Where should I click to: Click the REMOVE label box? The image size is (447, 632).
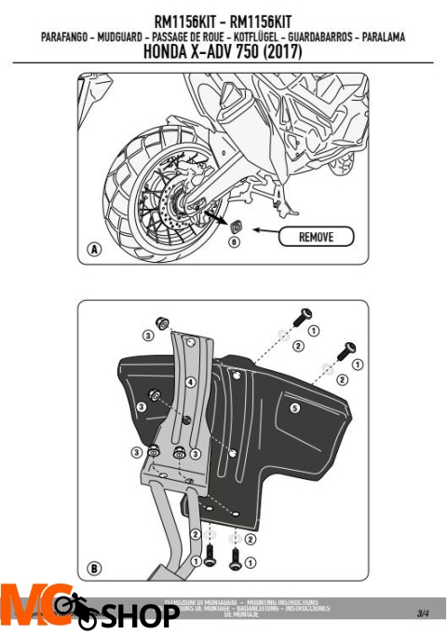click(317, 237)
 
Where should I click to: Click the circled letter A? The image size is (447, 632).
click(94, 249)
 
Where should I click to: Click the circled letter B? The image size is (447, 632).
click(94, 567)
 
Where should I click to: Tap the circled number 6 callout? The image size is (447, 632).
click(234, 241)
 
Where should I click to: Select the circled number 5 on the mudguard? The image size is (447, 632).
click(294, 407)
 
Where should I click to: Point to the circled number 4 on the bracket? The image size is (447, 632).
click(190, 382)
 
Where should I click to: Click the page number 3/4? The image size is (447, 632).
click(423, 612)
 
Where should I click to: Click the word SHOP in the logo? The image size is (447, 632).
click(140, 615)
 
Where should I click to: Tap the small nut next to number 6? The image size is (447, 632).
click(235, 225)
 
